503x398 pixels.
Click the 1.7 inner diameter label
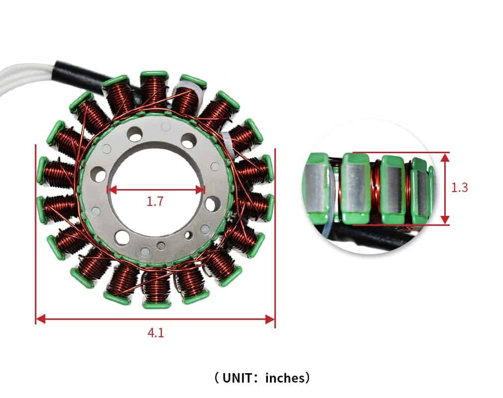[155, 201]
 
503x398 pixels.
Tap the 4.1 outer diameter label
[155, 333]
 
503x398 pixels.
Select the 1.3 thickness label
[459, 188]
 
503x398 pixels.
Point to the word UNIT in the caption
[237, 378]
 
